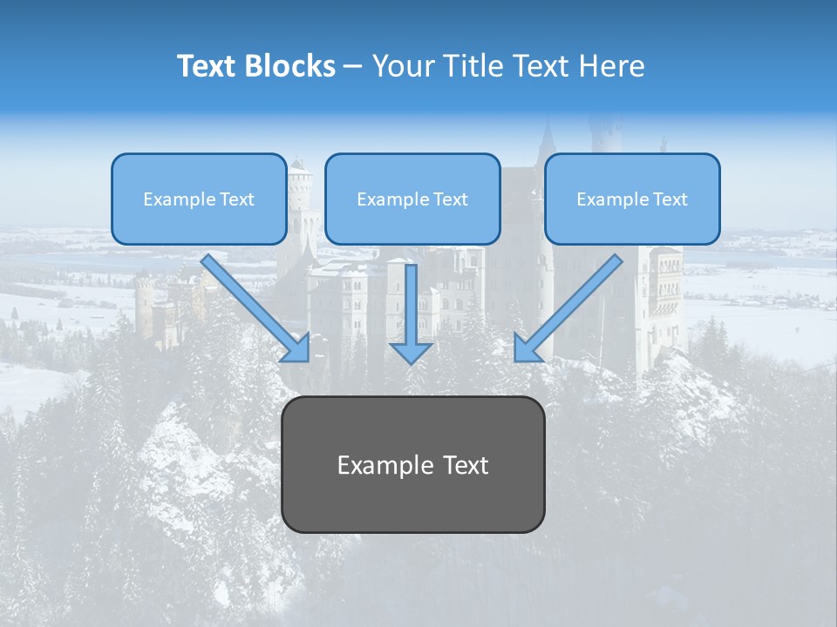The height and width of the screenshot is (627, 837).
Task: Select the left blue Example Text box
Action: click(x=199, y=199)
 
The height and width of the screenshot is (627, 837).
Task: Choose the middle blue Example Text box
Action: click(x=412, y=199)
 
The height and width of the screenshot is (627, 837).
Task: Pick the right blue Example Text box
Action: click(x=632, y=199)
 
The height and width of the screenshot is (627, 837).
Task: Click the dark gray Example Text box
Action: click(x=412, y=464)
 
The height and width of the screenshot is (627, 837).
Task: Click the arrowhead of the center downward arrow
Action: click(x=412, y=352)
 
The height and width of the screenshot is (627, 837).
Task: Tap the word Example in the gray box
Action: click(x=380, y=465)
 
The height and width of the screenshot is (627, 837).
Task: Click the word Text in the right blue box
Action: click(x=670, y=199)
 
